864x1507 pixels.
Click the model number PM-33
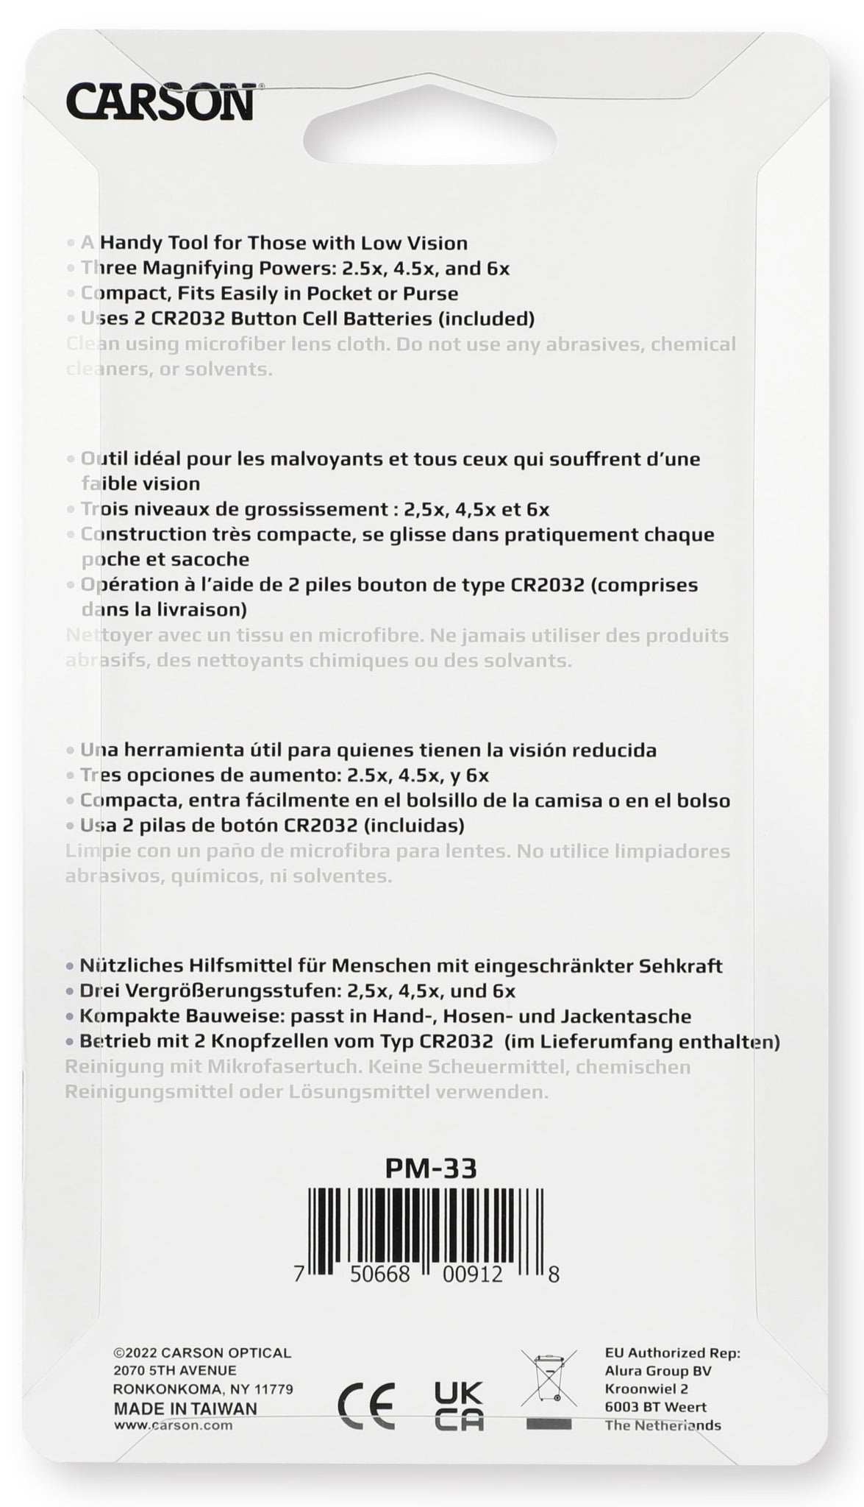pyautogui.click(x=431, y=1169)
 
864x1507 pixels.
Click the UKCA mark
pyautogui.click(x=459, y=1405)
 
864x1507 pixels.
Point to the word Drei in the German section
pyautogui.click(x=97, y=990)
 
